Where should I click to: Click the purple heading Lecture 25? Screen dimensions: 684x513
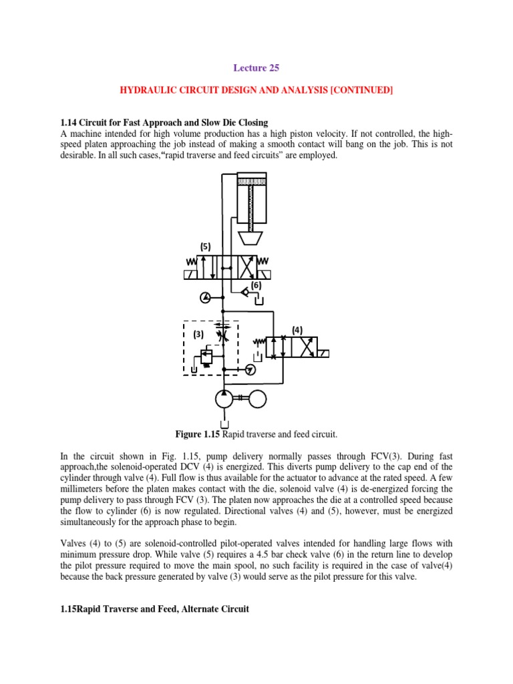pyautogui.click(x=256, y=67)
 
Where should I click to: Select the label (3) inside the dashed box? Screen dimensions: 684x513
pyautogui.click(x=198, y=333)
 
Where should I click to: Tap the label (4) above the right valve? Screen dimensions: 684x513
pyautogui.click(x=298, y=330)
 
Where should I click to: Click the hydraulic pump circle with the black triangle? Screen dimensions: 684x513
pyautogui.click(x=225, y=399)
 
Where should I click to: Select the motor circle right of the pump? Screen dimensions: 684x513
pyautogui.click(x=256, y=399)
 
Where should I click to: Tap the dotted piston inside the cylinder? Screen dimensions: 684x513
pyautogui.click(x=251, y=182)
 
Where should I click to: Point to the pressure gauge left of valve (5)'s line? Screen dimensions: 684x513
pyautogui.click(x=204, y=296)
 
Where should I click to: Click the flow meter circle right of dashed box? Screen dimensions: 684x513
pyautogui.click(x=250, y=369)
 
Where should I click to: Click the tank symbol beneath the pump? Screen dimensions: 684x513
pyautogui.click(x=225, y=423)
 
